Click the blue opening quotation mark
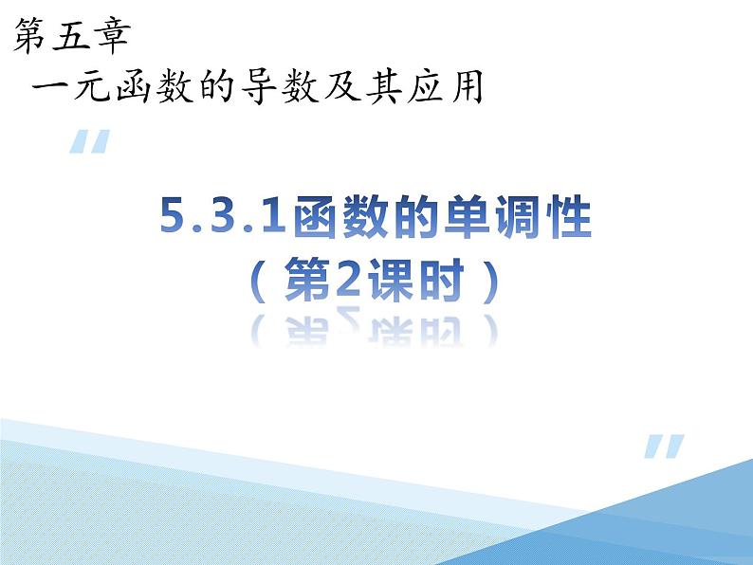pyautogui.click(x=89, y=143)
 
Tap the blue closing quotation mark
pyautogui.click(x=664, y=447)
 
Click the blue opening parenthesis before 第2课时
pyautogui.click(x=258, y=282)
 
